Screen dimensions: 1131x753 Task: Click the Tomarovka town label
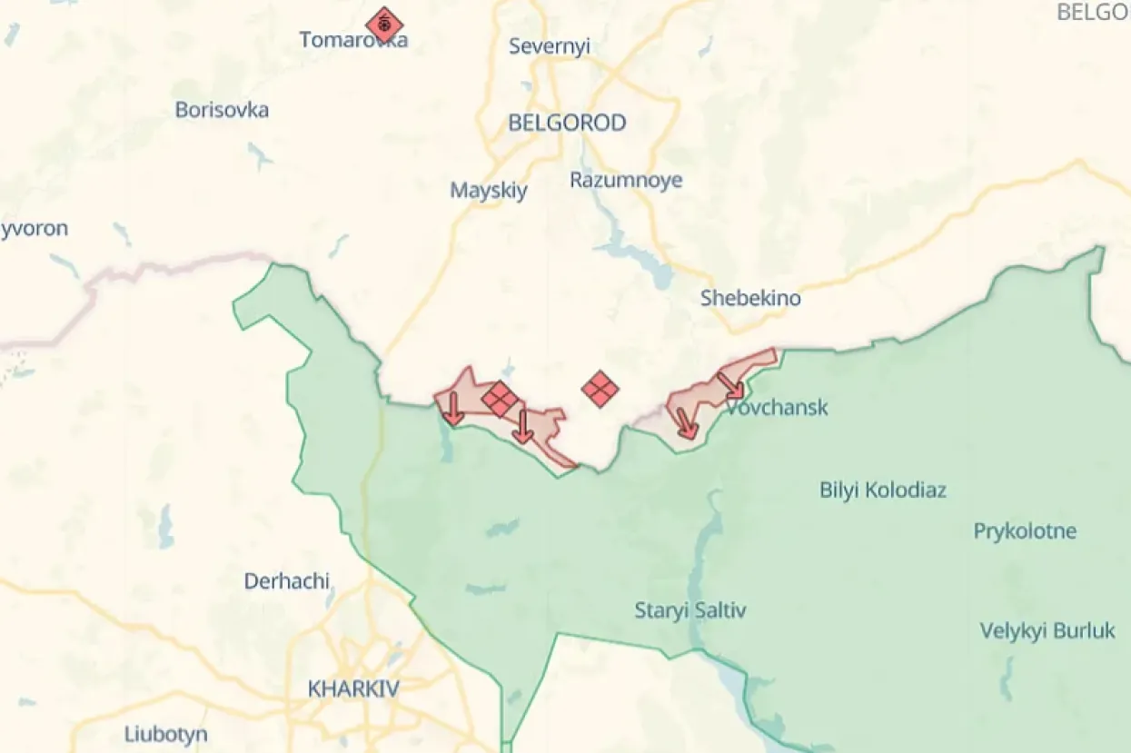[353, 40]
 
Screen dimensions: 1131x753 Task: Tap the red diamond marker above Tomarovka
[384, 25]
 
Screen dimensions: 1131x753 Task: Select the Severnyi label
[550, 46]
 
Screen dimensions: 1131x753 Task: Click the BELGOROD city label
[567, 123]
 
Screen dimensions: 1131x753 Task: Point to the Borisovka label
[222, 110]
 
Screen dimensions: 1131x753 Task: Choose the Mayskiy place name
[489, 191]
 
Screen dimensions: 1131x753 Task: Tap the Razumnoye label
[626, 180]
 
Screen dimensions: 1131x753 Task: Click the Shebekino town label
[750, 297]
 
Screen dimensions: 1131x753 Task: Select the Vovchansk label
[777, 407]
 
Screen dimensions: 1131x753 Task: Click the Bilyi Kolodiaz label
[883, 490]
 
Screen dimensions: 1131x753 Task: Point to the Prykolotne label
[1025, 531]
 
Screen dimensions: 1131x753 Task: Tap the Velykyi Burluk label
[1047, 630]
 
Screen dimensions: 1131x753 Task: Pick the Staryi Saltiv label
[690, 610]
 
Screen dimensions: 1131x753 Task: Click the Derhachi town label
[286, 581]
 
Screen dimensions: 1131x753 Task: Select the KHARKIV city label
[353, 689]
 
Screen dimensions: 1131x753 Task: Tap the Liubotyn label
[166, 734]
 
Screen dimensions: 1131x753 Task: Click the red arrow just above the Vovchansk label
[731, 386]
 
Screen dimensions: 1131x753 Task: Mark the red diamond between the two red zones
[600, 390]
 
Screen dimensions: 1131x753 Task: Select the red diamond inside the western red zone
[500, 399]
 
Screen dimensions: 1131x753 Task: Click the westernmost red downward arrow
[452, 409]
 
